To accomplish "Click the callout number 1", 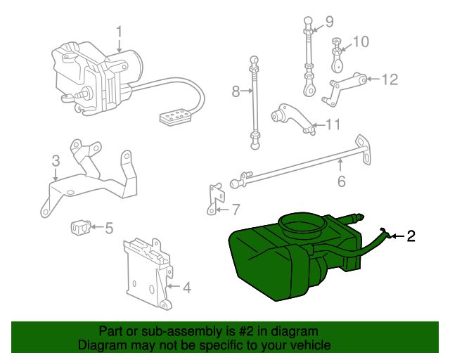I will [120, 32].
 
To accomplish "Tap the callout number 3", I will [56, 163].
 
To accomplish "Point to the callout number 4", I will [186, 287].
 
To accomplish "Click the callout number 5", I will [109, 228].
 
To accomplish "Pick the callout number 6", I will [341, 182].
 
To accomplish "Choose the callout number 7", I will [236, 209].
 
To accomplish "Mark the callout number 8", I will [236, 91].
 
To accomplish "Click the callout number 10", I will [360, 42].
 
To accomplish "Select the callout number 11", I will [333, 125].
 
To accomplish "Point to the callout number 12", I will [390, 79].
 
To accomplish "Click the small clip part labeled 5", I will [82, 227].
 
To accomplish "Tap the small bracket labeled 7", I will [214, 198].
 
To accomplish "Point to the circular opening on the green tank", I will [303, 226].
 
